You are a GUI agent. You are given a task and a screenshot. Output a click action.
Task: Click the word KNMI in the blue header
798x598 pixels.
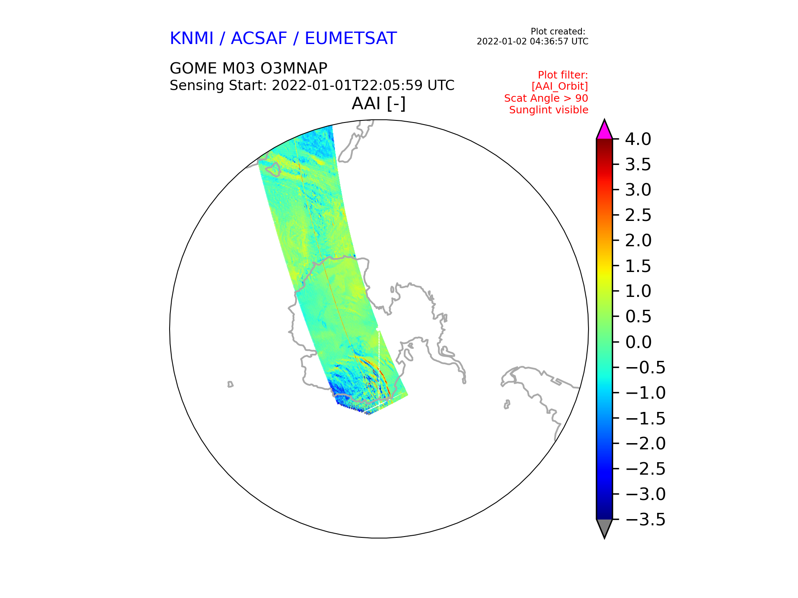coord(192,39)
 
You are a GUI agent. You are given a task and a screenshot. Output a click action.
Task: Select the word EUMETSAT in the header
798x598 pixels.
coord(351,39)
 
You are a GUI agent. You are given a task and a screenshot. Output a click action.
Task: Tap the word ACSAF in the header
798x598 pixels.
coord(259,39)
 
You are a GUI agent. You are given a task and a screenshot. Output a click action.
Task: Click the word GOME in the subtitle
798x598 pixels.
coord(193,68)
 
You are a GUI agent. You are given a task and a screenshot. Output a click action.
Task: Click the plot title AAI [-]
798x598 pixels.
coord(379,103)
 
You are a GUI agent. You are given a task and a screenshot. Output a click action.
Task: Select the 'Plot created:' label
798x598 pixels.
coord(558,32)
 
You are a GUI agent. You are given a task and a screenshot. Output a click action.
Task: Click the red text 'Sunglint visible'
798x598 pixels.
coord(549,110)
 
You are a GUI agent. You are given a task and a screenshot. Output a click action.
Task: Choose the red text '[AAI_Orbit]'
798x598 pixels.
coord(560,86)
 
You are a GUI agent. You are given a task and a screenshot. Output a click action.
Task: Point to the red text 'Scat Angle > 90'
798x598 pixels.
coord(546,98)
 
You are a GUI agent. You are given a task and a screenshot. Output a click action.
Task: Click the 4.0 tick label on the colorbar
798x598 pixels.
coord(638,139)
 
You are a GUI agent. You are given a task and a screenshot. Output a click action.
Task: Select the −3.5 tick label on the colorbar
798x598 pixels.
coord(645,520)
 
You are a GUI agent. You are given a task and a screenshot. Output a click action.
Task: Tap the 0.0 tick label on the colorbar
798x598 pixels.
coord(638,342)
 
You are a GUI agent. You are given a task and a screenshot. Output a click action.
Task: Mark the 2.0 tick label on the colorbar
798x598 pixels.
coord(638,240)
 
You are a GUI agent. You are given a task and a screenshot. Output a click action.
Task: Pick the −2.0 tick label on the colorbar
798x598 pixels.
coord(645,444)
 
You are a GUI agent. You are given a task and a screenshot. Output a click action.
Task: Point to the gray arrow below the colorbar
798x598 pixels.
coord(604,527)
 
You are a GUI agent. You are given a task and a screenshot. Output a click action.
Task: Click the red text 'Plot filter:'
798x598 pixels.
coord(563,75)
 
